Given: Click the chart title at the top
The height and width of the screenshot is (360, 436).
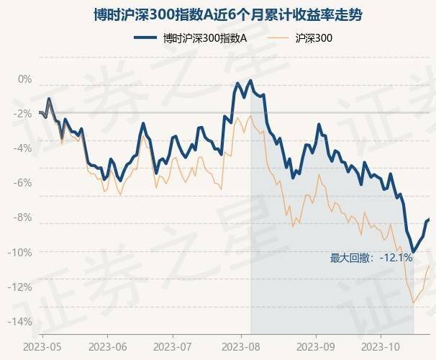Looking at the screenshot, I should (218, 12).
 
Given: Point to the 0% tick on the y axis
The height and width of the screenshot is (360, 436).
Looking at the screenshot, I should (25, 78).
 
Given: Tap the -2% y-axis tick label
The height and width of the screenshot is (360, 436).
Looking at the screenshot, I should (23, 113).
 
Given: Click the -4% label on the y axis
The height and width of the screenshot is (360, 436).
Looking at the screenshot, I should (23, 148).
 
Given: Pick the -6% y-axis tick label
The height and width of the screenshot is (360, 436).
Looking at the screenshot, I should (23, 183).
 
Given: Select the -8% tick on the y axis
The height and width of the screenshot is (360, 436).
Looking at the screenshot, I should (23, 217).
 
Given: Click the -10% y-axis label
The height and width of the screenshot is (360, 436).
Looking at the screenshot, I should (21, 252).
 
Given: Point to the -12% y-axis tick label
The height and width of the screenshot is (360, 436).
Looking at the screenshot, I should (21, 287).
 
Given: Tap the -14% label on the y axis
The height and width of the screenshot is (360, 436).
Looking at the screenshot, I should (21, 322).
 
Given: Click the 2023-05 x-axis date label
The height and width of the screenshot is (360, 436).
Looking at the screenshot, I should (42, 346).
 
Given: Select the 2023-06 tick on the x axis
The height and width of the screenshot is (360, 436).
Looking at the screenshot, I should (108, 346).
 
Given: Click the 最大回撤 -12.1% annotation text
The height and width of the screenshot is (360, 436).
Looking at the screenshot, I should (371, 258).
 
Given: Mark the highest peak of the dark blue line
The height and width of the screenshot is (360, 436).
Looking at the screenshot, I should (250, 81).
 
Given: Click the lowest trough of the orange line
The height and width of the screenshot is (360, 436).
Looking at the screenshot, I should (413, 303).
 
